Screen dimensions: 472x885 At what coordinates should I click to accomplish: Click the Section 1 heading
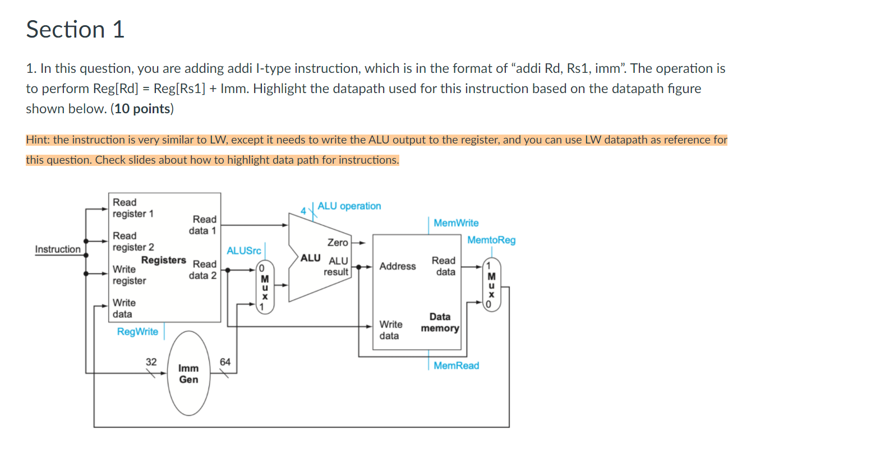(75, 30)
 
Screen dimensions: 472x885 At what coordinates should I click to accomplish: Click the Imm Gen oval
(188, 374)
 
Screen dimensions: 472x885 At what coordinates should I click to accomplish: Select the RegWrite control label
(137, 332)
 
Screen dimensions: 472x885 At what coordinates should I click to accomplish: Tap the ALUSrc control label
(243, 251)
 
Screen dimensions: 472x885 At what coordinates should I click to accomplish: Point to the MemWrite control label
(456, 223)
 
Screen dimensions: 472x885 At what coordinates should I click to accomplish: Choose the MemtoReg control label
(491, 240)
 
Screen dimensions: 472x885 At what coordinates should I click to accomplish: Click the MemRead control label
(456, 365)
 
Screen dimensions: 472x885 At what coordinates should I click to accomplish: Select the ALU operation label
(349, 206)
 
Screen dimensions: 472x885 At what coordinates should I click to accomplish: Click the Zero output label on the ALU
(338, 243)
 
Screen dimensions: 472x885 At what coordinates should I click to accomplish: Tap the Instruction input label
(58, 249)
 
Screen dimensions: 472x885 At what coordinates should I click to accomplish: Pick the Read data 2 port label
(203, 270)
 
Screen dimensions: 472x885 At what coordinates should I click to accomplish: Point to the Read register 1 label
(132, 208)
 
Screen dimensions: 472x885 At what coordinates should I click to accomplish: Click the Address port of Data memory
(397, 266)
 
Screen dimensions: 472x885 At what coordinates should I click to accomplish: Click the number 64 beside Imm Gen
(225, 362)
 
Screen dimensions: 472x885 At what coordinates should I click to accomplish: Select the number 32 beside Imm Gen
(151, 362)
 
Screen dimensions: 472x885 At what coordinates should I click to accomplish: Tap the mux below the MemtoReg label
(491, 285)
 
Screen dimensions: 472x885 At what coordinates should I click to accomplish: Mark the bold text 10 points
(142, 109)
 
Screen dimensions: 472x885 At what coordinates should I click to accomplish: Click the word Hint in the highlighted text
(37, 140)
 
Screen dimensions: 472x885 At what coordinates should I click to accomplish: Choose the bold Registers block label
(163, 260)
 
